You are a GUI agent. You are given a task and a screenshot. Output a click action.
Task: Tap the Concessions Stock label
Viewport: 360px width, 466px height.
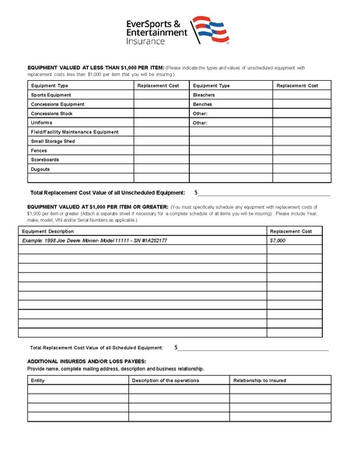coord(52,113)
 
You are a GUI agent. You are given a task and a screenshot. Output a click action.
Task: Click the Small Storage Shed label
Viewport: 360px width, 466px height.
coord(55,141)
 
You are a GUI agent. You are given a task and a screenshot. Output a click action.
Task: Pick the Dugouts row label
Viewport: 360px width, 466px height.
coord(40,169)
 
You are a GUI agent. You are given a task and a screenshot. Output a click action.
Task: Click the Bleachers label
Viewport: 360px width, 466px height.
coord(204,94)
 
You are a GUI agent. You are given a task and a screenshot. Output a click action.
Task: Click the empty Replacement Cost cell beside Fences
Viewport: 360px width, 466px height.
coord(161,150)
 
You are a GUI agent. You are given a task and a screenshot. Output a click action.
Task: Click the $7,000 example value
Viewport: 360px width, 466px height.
coord(278,240)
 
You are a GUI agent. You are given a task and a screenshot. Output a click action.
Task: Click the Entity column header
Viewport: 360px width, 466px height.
coord(38,380)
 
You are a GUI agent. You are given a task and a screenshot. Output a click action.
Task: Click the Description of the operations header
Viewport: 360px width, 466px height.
coord(166,380)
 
